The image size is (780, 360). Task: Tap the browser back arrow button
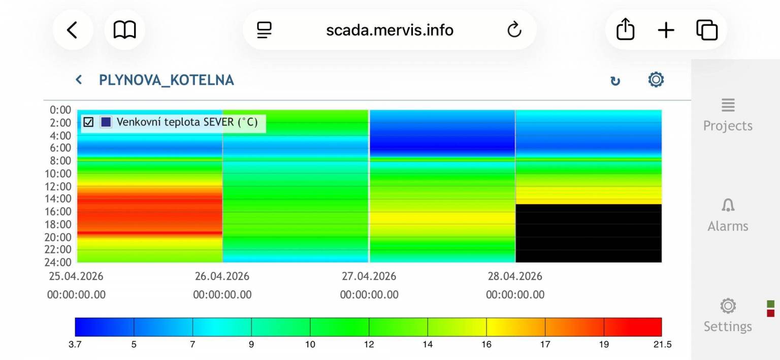[x=72, y=30]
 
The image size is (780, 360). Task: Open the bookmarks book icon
[x=124, y=29]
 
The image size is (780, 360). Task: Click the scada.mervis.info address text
[x=389, y=30]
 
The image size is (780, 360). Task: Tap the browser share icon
[x=626, y=29]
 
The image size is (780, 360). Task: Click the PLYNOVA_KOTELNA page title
[x=167, y=80]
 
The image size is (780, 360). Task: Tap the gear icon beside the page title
[x=656, y=80]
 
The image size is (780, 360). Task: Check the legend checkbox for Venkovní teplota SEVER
[x=88, y=122]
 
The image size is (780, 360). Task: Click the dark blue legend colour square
[x=106, y=122]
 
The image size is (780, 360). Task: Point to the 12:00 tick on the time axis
[x=58, y=186]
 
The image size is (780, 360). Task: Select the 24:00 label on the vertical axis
[x=58, y=262]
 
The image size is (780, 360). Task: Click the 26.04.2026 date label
[x=222, y=276]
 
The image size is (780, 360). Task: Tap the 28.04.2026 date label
[x=515, y=276]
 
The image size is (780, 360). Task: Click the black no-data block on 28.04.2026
[x=589, y=233]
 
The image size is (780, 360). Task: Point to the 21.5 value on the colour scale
[x=662, y=345]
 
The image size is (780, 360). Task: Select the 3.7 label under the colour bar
[x=75, y=345]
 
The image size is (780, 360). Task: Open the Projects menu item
[x=728, y=115]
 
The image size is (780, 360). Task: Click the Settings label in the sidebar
[x=728, y=326]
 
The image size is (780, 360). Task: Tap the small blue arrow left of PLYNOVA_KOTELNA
[x=79, y=80]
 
